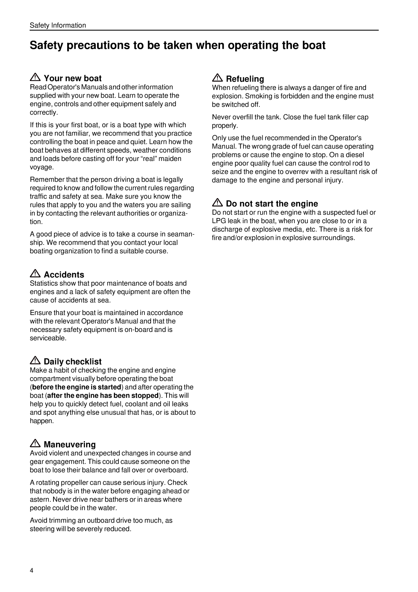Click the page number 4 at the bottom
(x=31, y=570)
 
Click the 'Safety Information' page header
(x=58, y=25)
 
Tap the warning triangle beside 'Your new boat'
(x=35, y=77)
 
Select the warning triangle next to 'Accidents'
(x=35, y=274)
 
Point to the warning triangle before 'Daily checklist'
(x=35, y=361)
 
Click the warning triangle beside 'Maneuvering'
(x=35, y=444)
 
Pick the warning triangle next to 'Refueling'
(x=217, y=78)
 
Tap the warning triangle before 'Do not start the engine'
(x=217, y=203)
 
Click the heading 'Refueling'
(x=245, y=79)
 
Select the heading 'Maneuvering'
(x=70, y=444)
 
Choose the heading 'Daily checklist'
(x=73, y=361)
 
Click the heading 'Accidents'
(x=64, y=274)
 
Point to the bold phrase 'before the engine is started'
(x=76, y=387)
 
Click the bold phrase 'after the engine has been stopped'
(x=103, y=396)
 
